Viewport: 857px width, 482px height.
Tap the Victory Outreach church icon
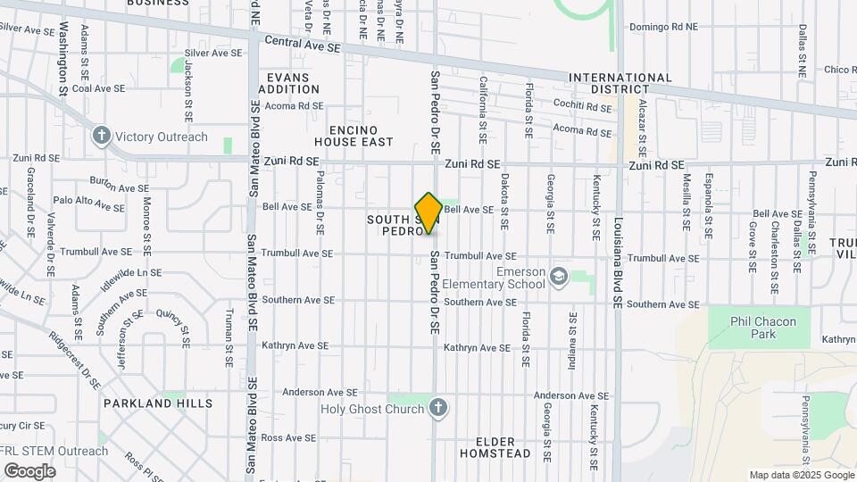(x=102, y=137)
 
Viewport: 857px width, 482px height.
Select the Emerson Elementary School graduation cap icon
(x=559, y=276)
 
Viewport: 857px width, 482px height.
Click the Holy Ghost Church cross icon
(x=437, y=409)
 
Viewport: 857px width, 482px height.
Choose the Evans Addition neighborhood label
(x=288, y=84)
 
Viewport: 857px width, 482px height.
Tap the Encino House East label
(x=354, y=136)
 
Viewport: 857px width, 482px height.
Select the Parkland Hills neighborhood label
(x=158, y=403)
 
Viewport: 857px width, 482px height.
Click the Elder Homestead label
(x=495, y=447)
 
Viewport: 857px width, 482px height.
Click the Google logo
(x=29, y=471)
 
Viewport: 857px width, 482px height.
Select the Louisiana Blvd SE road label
(x=617, y=263)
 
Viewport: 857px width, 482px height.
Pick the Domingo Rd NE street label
(x=663, y=27)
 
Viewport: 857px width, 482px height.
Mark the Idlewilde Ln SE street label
(x=131, y=272)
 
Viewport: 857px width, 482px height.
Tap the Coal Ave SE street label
(x=99, y=88)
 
